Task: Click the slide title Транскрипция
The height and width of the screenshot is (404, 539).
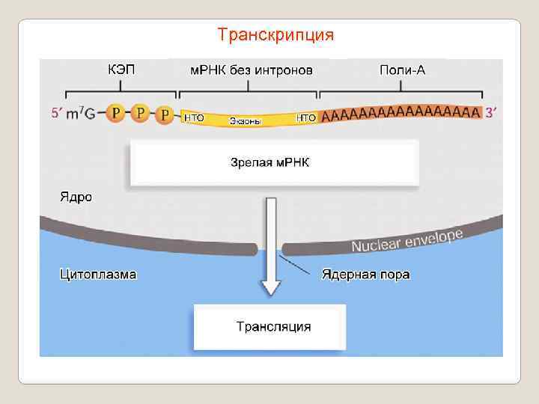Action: coord(275,35)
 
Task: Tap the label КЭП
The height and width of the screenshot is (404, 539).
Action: coord(121,70)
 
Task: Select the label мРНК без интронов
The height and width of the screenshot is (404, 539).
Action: coord(250,70)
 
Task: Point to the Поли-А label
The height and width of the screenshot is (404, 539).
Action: coord(403,70)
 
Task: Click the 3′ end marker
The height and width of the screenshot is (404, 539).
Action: coord(491,113)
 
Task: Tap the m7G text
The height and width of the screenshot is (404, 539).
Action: coord(82,114)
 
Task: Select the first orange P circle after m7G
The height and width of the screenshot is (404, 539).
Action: coord(115,114)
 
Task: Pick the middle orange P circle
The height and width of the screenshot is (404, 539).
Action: coord(140,114)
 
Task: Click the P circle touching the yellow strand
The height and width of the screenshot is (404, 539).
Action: coord(165,115)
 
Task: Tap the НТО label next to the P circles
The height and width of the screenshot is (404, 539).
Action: coord(194,117)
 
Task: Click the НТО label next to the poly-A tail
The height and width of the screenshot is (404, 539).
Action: coord(307,117)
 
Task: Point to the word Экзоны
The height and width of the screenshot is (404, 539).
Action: coord(245,120)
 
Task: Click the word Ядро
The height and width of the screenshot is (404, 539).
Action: coord(76,198)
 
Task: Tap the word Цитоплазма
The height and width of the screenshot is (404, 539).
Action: coord(98,274)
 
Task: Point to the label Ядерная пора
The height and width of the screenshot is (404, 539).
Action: coord(365,274)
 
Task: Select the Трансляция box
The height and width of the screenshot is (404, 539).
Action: coord(269,327)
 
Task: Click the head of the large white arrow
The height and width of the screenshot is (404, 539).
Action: coord(269,287)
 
